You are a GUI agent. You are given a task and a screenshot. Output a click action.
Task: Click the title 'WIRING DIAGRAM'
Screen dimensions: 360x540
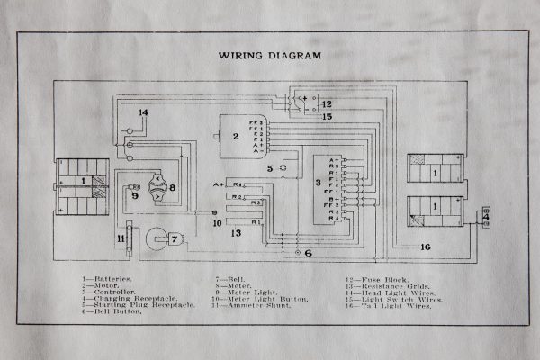click(270, 55)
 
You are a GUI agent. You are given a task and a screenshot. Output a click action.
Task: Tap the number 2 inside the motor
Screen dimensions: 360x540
click(235, 137)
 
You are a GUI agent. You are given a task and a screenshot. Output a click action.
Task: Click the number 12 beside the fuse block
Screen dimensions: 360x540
click(328, 103)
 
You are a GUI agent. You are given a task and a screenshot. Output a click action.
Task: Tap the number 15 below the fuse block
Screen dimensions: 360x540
click(328, 117)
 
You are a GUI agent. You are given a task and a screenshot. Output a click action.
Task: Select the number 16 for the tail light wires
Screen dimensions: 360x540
click(426, 245)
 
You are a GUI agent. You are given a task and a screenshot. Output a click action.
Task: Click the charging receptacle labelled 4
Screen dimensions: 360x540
click(487, 217)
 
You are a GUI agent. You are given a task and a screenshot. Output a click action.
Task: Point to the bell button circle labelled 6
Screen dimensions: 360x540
click(295, 255)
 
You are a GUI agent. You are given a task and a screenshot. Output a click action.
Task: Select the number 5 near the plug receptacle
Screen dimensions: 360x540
click(269, 167)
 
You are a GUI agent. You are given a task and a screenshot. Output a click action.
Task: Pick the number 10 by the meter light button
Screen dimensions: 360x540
click(217, 222)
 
